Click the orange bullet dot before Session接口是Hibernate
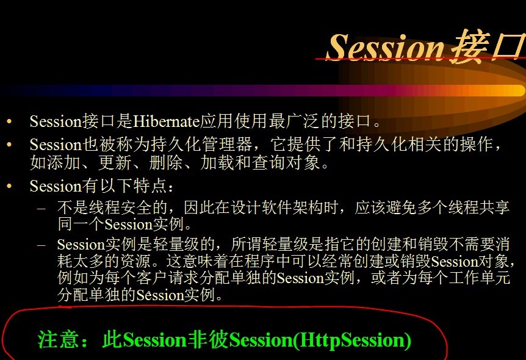click(9, 121)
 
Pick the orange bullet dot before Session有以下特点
click(9, 185)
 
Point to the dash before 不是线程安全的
click(41, 208)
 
